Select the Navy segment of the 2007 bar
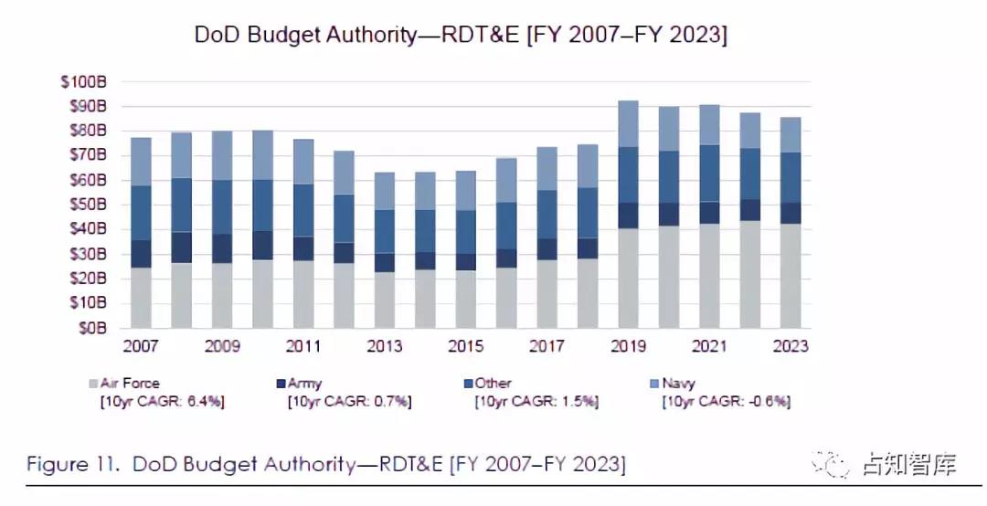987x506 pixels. pos(141,162)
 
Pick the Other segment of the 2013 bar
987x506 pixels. pos(384,231)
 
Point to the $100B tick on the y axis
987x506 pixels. pos(84,81)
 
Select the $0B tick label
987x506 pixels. pos(90,327)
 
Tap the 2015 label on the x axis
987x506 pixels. pos(466,347)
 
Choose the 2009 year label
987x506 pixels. pos(223,347)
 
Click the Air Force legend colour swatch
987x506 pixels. pos(92,385)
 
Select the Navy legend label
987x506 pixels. pos(678,385)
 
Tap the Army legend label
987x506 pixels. pos(304,385)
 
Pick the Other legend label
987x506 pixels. pos(493,385)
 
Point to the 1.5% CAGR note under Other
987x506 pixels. pos(578,402)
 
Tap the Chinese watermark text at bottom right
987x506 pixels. pos(908,464)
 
